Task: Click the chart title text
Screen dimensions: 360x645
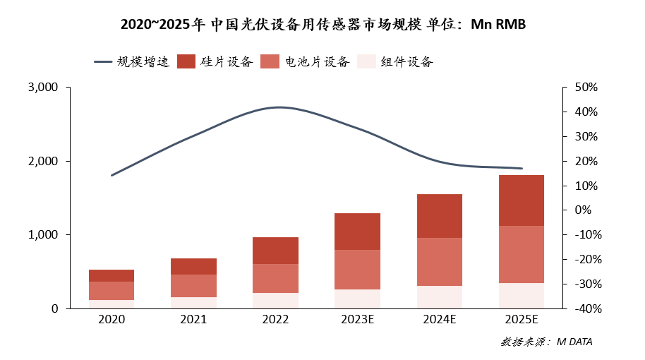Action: [x=323, y=25]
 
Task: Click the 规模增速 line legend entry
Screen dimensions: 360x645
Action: [x=132, y=61]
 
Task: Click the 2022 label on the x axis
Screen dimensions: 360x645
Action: [x=275, y=320]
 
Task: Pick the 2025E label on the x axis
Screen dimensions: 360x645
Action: [x=522, y=320]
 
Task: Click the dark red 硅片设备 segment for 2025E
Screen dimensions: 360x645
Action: [x=522, y=200]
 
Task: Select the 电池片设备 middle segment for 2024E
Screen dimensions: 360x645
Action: [x=440, y=262]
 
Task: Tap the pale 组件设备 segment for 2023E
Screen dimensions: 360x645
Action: [x=357, y=299]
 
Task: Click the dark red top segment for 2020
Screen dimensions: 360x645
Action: [x=111, y=275]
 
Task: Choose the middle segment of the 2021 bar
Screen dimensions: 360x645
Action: [x=193, y=286]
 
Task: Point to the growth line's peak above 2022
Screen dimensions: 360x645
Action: [x=279, y=107]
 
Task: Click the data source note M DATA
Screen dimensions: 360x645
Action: [x=546, y=342]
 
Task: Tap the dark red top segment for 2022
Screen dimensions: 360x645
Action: [x=275, y=251]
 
